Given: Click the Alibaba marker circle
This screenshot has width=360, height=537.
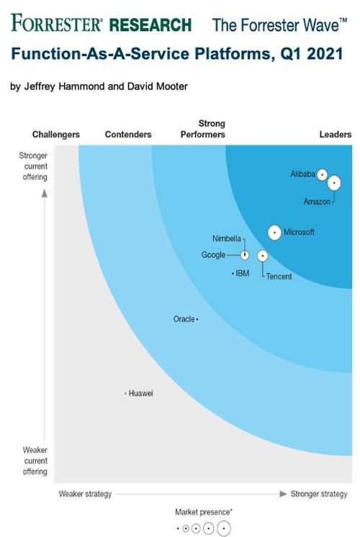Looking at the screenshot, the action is tap(322, 175).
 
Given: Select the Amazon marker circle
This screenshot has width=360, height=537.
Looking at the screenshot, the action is tap(334, 183).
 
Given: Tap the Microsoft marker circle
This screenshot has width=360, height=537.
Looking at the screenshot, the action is tap(274, 233).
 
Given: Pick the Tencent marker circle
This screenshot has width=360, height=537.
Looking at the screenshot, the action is tap(263, 256).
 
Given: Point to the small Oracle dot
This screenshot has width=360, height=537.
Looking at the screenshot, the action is tap(197, 319).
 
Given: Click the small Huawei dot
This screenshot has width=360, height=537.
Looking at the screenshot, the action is tap(126, 393).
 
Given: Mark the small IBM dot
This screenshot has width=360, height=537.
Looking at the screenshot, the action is tap(233, 274).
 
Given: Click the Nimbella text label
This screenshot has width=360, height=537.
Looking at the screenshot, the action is tap(227, 238).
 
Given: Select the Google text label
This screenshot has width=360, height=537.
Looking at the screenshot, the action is tap(213, 255).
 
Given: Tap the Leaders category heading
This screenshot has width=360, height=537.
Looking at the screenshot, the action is tap(336, 135).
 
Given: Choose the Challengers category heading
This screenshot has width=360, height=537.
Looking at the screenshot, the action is tap(56, 135).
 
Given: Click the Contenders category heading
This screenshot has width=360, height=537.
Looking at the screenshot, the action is tap(128, 135).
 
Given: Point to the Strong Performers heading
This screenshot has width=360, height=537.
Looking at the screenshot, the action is tap(203, 129).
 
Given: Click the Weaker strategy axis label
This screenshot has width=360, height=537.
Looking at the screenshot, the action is tap(85, 494).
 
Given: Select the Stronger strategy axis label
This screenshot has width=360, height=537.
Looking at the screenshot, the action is tap(319, 494).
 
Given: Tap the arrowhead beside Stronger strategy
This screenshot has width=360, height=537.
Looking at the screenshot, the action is tap(283, 494).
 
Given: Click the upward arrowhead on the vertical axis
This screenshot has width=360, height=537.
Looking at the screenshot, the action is tap(45, 193).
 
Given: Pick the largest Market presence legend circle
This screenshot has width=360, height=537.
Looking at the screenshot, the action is tap(224, 528).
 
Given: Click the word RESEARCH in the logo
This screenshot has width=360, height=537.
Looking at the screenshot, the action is tap(150, 25).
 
